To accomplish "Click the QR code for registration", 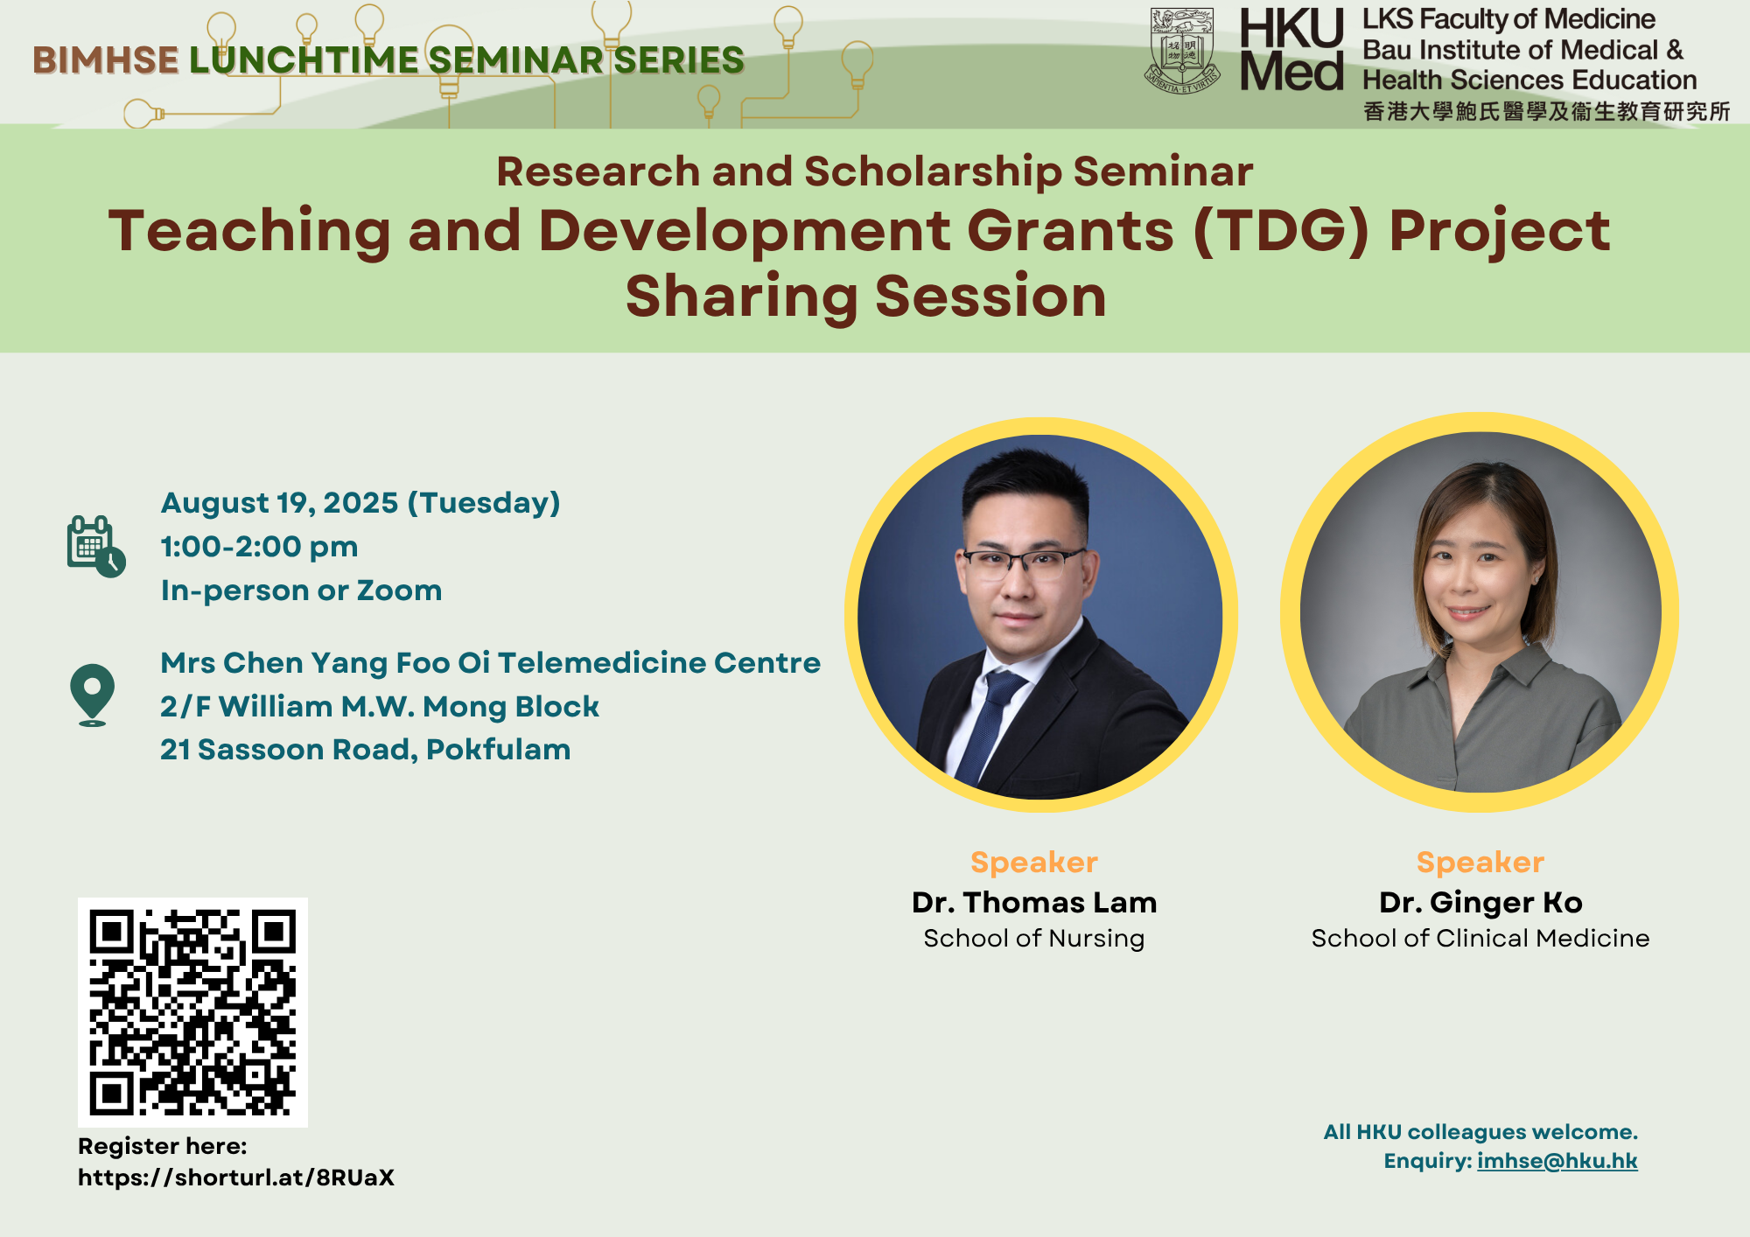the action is (192, 1012).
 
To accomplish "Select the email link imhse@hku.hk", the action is (1557, 1161).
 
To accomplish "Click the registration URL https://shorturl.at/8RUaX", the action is (236, 1178).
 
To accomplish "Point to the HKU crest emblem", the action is (1182, 50).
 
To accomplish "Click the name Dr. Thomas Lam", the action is (1034, 902).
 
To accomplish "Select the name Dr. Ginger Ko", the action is (1480, 902).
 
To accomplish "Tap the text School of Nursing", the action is (1034, 939).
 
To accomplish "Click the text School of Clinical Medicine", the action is (1480, 939).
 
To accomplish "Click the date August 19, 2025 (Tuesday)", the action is (360, 503).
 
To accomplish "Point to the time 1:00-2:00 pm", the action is (259, 547).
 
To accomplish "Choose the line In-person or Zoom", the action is (301, 591).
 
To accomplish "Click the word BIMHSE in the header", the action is (106, 60).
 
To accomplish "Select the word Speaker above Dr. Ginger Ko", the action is (1480, 863).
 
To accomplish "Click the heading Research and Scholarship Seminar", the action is (875, 171).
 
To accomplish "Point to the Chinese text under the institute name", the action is (1547, 111).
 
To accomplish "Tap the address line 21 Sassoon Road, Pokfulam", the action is (365, 750).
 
